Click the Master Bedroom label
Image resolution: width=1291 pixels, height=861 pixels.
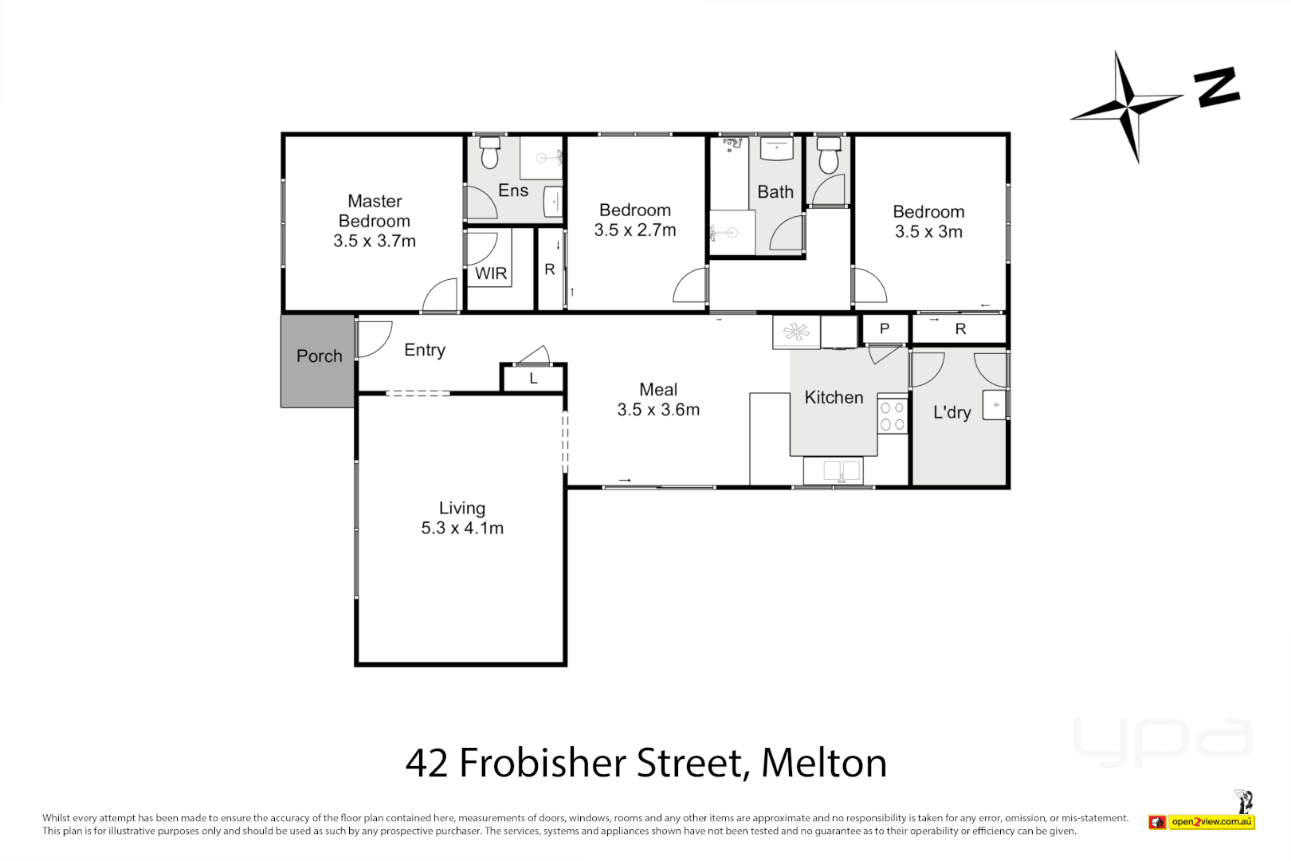click(375, 211)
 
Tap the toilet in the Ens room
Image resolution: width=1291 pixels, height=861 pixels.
click(489, 152)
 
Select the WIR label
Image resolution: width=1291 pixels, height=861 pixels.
click(491, 273)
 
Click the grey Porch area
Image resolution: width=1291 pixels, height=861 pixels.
click(318, 361)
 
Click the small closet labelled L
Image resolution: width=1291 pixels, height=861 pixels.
click(533, 379)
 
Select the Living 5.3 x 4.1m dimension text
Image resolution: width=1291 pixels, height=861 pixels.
click(462, 528)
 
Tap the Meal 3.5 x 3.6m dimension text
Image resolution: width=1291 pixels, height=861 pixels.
click(658, 410)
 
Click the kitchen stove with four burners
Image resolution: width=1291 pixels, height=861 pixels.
click(893, 415)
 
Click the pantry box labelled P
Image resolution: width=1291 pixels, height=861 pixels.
click(885, 328)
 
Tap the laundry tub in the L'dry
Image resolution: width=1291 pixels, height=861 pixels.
click(995, 405)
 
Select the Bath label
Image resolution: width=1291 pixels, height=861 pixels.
click(775, 192)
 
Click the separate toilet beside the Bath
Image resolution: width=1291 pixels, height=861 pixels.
click(829, 155)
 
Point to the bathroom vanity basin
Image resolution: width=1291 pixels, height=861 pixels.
click(777, 149)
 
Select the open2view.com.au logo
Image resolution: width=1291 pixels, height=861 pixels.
click(1211, 822)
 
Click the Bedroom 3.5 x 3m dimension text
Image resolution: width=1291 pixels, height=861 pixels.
click(928, 232)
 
